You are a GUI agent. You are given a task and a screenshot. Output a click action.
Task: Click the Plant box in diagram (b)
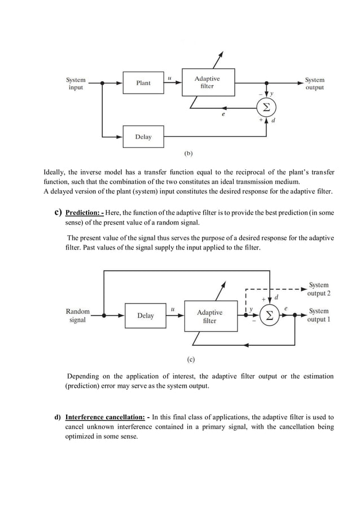(x=143, y=83)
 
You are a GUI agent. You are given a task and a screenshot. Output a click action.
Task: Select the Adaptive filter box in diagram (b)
(x=208, y=82)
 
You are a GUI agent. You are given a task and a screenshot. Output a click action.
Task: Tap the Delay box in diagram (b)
(x=143, y=137)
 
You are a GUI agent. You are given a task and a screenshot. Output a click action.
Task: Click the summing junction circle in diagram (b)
(x=266, y=107)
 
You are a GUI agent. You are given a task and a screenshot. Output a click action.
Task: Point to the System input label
(x=76, y=84)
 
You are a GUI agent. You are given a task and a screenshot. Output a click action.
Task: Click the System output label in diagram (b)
(x=314, y=84)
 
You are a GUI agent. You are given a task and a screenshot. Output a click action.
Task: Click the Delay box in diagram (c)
(x=146, y=315)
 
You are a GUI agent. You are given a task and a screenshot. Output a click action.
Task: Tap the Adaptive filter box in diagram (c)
(x=209, y=316)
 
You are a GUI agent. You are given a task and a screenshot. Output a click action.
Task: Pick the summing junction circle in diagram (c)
(x=270, y=315)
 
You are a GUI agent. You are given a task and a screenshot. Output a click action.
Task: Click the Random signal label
(x=77, y=315)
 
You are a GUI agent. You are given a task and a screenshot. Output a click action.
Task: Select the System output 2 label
(x=319, y=289)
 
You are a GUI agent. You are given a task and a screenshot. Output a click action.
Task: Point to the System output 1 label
(x=319, y=315)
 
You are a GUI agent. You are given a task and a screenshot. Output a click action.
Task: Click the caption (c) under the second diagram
(x=191, y=358)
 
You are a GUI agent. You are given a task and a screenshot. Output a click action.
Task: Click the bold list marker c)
(x=58, y=213)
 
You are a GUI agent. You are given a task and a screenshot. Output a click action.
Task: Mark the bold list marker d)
(x=58, y=418)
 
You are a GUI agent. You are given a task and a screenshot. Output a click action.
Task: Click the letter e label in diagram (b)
(x=223, y=114)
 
